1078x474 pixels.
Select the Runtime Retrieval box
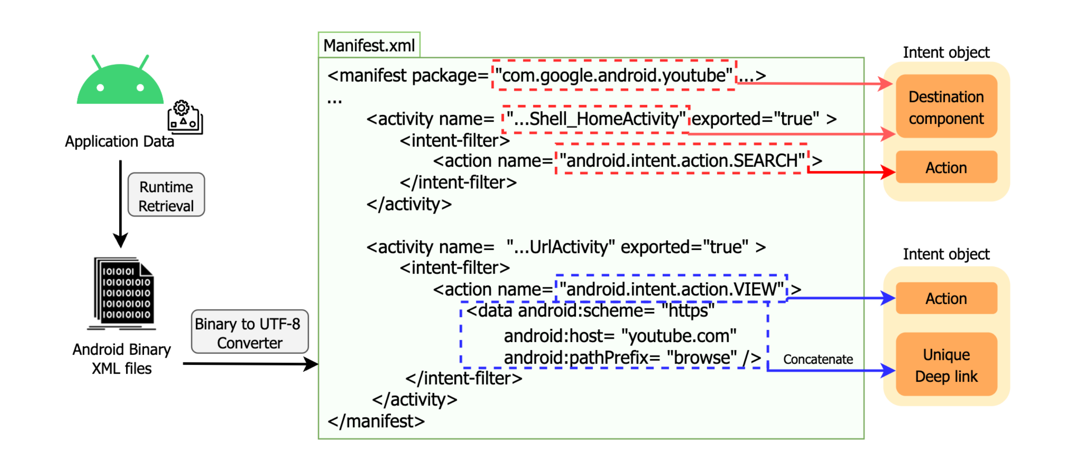coord(166,195)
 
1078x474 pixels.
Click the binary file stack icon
coord(124,293)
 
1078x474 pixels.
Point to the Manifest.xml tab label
coord(369,45)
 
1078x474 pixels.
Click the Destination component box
coord(946,107)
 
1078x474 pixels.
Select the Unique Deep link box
coord(946,365)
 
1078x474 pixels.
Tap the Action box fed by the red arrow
coord(946,168)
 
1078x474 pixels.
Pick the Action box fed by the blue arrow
coord(946,299)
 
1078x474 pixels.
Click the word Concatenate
coord(818,359)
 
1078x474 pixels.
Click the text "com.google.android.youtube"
coord(613,76)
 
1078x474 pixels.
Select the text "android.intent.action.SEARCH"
coord(682,161)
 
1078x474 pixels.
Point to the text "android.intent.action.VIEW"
coord(671,289)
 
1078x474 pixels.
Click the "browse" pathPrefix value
coord(702,358)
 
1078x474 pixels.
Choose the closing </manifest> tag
coord(376,421)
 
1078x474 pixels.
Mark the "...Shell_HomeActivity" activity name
coord(596,119)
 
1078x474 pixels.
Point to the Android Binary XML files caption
coord(121,359)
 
